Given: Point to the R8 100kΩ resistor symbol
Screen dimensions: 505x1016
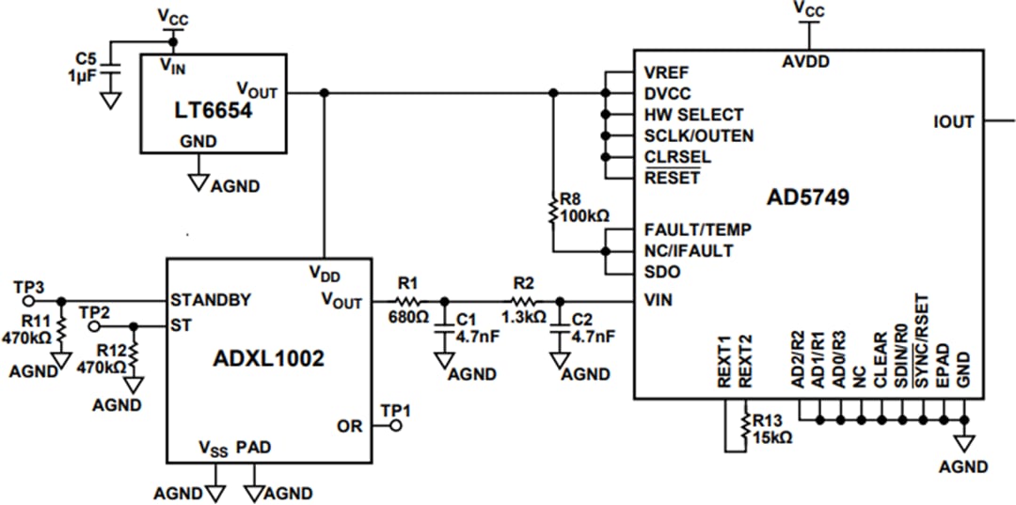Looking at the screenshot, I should [553, 210].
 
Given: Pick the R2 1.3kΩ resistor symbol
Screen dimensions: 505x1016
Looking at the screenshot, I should [523, 301].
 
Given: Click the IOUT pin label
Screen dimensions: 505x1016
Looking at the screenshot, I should [953, 121].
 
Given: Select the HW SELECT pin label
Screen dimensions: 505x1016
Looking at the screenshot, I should [692, 115].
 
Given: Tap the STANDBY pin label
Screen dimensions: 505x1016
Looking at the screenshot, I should [211, 301].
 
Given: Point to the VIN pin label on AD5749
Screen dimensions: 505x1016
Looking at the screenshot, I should [659, 301].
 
